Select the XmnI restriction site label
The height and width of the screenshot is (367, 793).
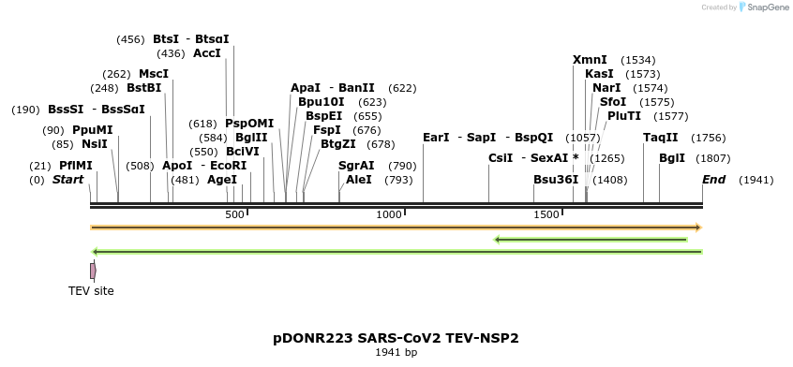(x=590, y=60)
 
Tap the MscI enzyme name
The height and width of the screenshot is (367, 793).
(x=154, y=74)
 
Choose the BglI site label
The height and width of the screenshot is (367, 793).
(x=672, y=158)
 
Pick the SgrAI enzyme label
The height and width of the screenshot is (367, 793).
(x=356, y=165)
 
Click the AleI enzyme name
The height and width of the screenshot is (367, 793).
(x=359, y=179)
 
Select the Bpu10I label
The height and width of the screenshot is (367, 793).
(x=322, y=102)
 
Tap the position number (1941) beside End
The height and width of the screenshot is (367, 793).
(x=757, y=179)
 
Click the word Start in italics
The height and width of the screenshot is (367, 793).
(x=67, y=179)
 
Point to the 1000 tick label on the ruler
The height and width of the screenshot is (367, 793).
(x=388, y=215)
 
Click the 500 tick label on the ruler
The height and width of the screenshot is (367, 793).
(x=233, y=215)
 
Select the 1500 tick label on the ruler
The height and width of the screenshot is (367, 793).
(x=546, y=215)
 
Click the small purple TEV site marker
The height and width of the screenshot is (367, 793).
(x=93, y=271)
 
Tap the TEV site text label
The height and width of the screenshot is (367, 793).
(x=91, y=291)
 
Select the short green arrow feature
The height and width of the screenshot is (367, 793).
(x=591, y=240)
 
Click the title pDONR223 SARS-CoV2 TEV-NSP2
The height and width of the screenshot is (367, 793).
(x=396, y=337)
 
